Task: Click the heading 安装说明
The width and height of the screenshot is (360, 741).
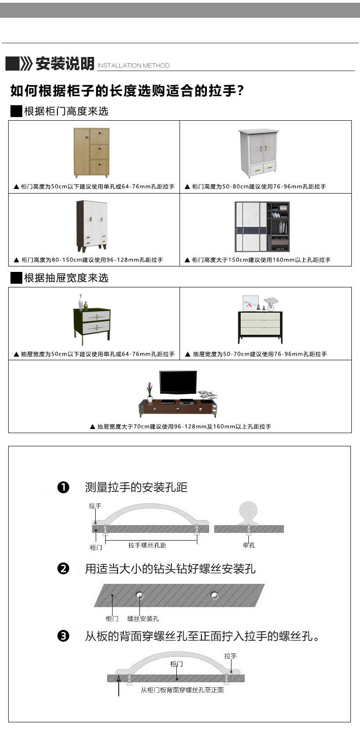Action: pyautogui.click(x=64, y=64)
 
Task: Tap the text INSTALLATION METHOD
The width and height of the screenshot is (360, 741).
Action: pyautogui.click(x=134, y=66)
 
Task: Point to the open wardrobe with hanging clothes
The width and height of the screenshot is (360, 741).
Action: pyautogui.click(x=262, y=227)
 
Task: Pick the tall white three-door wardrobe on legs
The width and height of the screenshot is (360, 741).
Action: pyautogui.click(x=92, y=226)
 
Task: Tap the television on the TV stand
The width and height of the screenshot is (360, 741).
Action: pyautogui.click(x=178, y=383)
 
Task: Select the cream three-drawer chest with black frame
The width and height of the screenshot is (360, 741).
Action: pyautogui.click(x=260, y=327)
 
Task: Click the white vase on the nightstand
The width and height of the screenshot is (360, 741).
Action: pyautogui.click(x=81, y=302)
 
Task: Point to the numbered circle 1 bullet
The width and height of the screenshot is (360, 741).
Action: pyautogui.click(x=63, y=487)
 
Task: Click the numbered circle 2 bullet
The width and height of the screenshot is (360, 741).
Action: pyautogui.click(x=63, y=568)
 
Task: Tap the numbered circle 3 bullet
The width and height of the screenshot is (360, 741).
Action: pyautogui.click(x=63, y=636)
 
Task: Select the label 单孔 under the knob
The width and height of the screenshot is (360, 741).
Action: pyautogui.click(x=249, y=545)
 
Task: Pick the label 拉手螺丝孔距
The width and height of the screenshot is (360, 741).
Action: pyautogui.click(x=147, y=545)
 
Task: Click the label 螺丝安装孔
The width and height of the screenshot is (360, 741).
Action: pyautogui.click(x=143, y=618)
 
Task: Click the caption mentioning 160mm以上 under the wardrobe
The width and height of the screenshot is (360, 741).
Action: pyautogui.click(x=257, y=260)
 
